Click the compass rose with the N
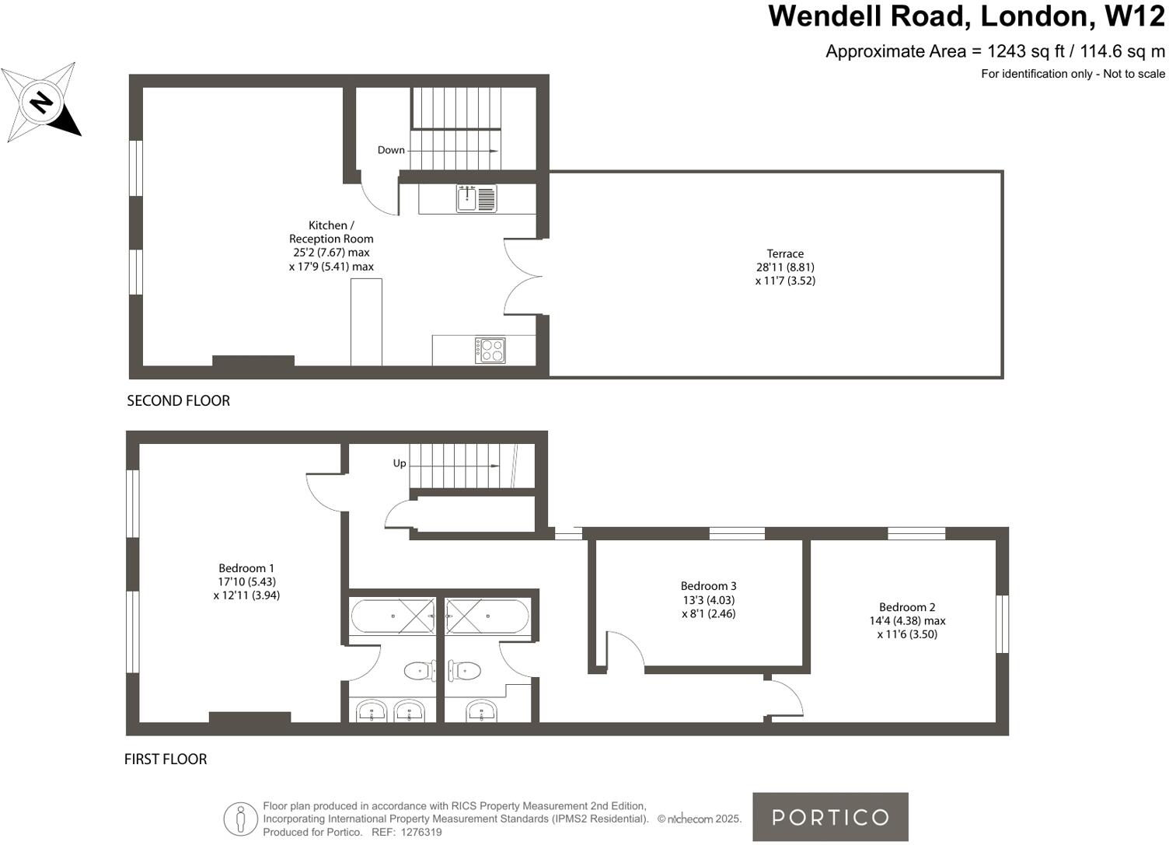click(x=40, y=103)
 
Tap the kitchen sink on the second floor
click(x=476, y=199)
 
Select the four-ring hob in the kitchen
click(x=490, y=350)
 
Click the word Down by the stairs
click(x=391, y=150)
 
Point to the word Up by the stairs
click(x=400, y=463)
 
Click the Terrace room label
click(x=785, y=253)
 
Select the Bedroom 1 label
click(x=246, y=568)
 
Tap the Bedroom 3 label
click(x=708, y=586)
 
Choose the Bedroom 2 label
click(x=907, y=607)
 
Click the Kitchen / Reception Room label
click(x=331, y=232)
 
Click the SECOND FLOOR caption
click(x=178, y=401)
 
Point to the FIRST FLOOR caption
click(x=166, y=759)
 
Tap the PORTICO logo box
click(x=830, y=817)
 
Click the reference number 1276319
click(x=421, y=832)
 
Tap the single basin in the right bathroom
click(x=482, y=710)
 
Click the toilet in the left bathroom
click(x=420, y=670)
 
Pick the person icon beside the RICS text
click(x=241, y=819)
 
